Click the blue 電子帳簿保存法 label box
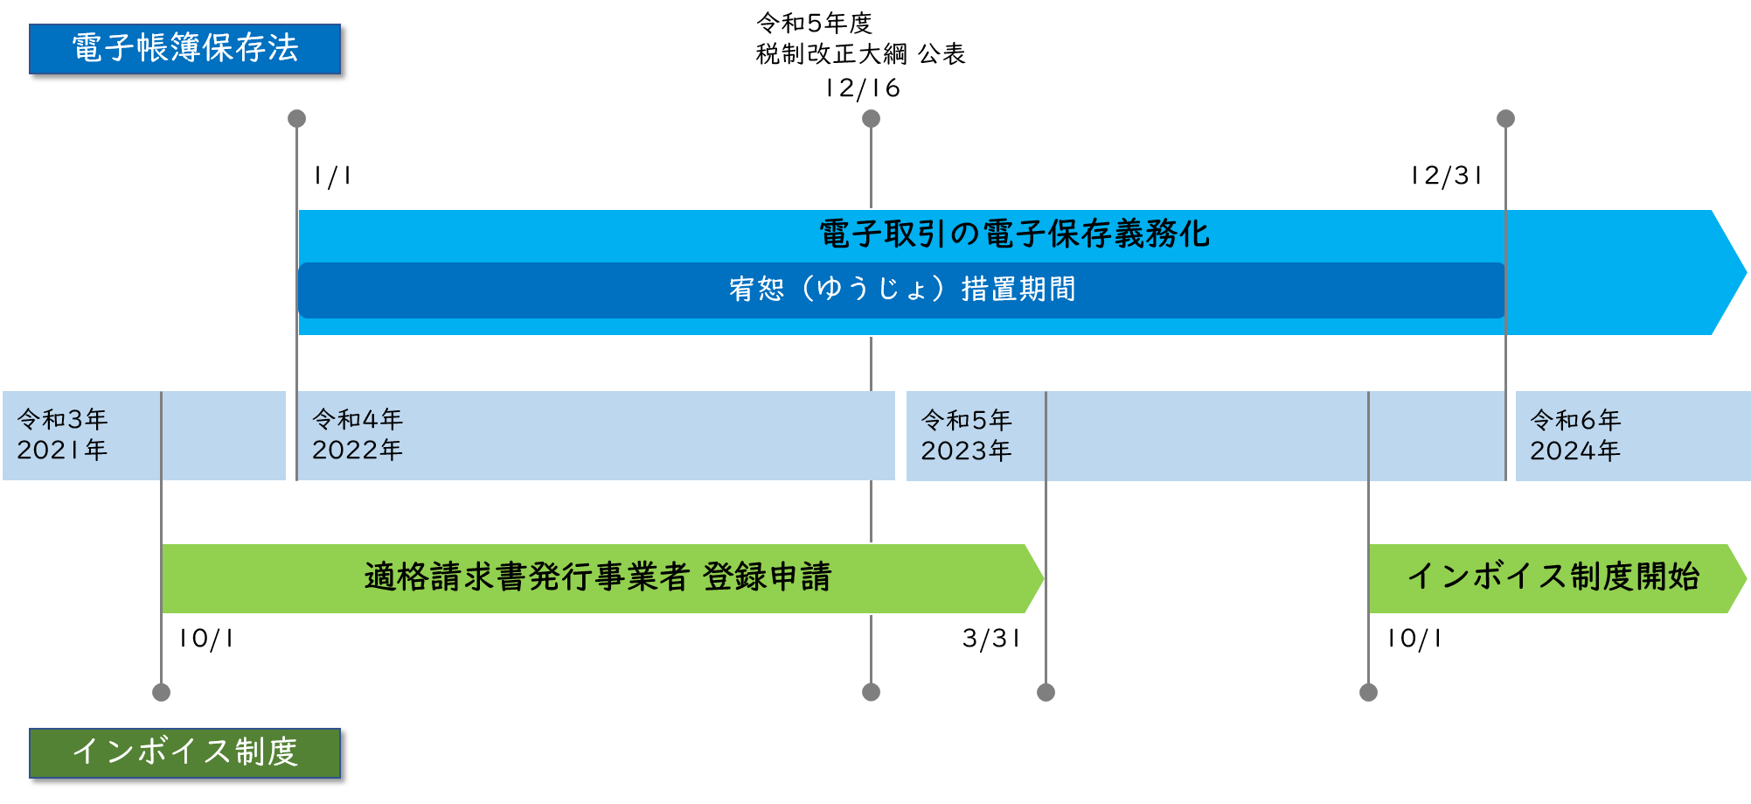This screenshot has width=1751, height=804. point(184,49)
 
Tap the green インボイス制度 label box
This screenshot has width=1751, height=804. point(184,752)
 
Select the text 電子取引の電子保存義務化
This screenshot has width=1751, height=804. point(1014,234)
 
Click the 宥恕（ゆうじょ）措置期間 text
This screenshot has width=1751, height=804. point(902,290)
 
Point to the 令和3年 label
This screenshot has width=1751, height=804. point(62,420)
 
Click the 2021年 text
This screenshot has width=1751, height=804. point(62,451)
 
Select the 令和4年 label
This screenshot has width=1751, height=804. point(358,420)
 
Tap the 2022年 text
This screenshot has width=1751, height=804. point(358,451)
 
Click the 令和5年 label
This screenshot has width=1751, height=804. point(966,421)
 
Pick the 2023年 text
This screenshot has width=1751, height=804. point(966,451)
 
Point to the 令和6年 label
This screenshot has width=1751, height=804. point(1575,421)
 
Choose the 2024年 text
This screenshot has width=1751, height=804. point(1575,451)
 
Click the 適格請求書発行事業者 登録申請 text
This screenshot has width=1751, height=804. point(598,577)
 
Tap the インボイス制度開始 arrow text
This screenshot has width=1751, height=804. point(1553,577)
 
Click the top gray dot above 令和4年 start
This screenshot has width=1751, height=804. point(297,118)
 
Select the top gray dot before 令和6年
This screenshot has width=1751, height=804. point(1505,118)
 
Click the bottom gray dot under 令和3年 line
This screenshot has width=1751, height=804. point(161,692)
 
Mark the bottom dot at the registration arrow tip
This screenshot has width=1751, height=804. point(1046,692)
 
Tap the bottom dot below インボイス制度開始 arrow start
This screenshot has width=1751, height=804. point(1368,692)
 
